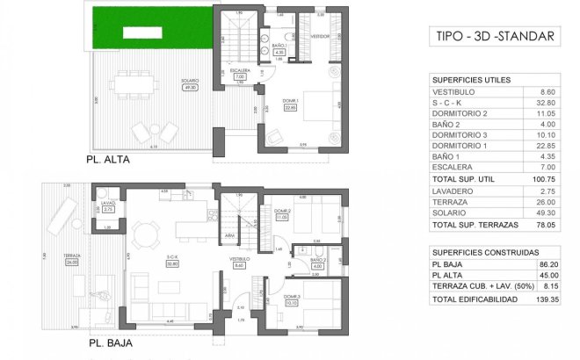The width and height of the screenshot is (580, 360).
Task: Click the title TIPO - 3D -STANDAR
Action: point(495,36)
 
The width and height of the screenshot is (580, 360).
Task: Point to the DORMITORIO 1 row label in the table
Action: point(460,145)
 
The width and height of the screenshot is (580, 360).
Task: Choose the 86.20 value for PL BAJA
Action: point(547,263)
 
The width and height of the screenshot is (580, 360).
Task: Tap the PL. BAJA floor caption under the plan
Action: point(110,344)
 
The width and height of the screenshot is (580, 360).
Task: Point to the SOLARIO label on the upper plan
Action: point(189,82)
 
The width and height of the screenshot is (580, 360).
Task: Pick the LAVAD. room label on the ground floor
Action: point(108,202)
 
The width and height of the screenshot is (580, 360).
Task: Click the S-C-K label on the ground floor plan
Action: point(172,256)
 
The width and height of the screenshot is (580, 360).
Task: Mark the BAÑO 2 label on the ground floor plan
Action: point(317,261)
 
